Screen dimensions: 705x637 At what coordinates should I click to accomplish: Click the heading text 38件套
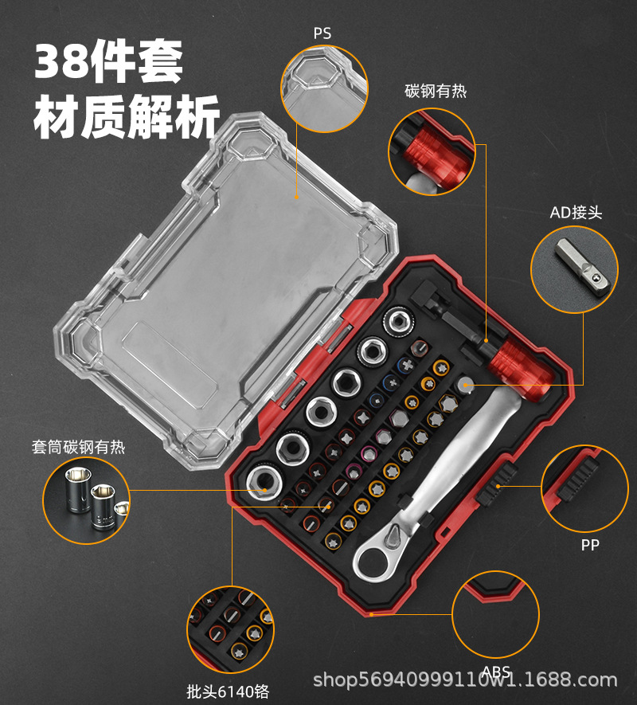click(x=109, y=61)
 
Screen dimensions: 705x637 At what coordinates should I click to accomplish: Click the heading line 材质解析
click(x=126, y=120)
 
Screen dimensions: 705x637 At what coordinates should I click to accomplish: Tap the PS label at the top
click(x=322, y=33)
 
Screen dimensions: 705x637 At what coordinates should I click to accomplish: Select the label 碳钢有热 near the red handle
click(x=435, y=92)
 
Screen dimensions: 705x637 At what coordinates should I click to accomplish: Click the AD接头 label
click(x=576, y=212)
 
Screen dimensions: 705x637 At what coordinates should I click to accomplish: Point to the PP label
click(x=589, y=545)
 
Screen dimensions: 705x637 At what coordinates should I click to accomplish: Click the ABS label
click(x=496, y=672)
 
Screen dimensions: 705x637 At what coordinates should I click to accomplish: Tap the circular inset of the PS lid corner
click(x=324, y=88)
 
